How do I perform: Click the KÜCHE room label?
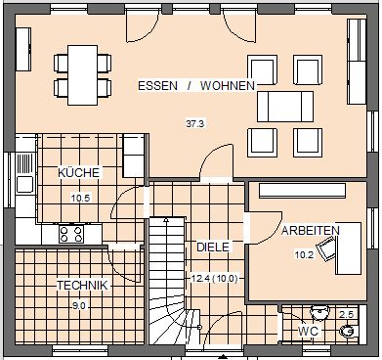(78, 172)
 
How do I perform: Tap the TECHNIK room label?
(82, 285)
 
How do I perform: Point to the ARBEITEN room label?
(311, 231)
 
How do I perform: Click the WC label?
(308, 332)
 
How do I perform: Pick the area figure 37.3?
(195, 123)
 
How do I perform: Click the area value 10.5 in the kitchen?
(80, 198)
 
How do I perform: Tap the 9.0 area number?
(80, 306)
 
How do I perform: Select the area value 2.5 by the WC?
(346, 315)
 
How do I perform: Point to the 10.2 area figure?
(304, 254)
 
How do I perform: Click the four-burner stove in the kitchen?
(71, 234)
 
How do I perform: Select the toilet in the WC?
(349, 331)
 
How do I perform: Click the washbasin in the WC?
(319, 312)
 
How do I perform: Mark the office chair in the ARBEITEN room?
(326, 248)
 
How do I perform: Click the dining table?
(83, 75)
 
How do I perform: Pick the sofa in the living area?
(285, 107)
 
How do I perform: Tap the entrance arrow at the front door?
(223, 356)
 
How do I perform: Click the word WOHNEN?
(228, 86)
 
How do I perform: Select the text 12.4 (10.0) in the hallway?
(215, 279)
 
